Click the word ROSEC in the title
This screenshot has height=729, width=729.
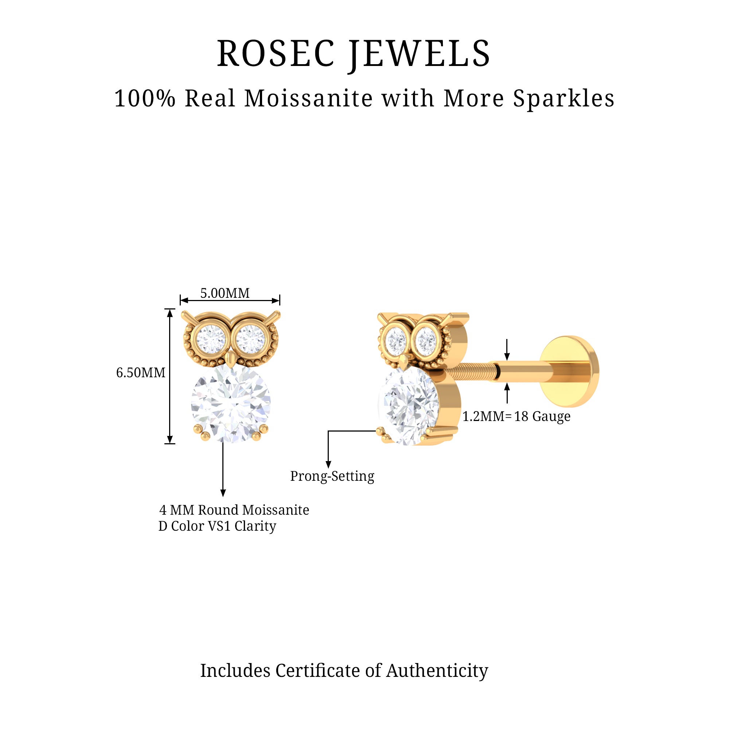[276, 54]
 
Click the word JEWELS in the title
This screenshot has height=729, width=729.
[420, 55]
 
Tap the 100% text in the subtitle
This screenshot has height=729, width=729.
[145, 98]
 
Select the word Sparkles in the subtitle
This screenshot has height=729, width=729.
[564, 99]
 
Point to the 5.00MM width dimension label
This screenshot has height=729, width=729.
[225, 293]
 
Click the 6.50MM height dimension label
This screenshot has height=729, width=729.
[141, 373]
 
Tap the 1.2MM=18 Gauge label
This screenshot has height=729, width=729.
[516, 417]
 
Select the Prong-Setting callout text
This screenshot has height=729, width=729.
[332, 476]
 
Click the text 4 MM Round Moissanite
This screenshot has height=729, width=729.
[234, 510]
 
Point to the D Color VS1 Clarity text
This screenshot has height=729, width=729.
[217, 526]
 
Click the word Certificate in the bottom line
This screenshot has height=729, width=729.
[318, 671]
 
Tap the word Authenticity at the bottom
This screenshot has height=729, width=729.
[437, 671]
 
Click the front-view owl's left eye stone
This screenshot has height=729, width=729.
[211, 339]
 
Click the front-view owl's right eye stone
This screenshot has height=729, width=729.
[251, 339]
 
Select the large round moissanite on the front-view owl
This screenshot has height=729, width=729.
[231, 403]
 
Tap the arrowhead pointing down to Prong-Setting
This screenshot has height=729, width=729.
[328, 464]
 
